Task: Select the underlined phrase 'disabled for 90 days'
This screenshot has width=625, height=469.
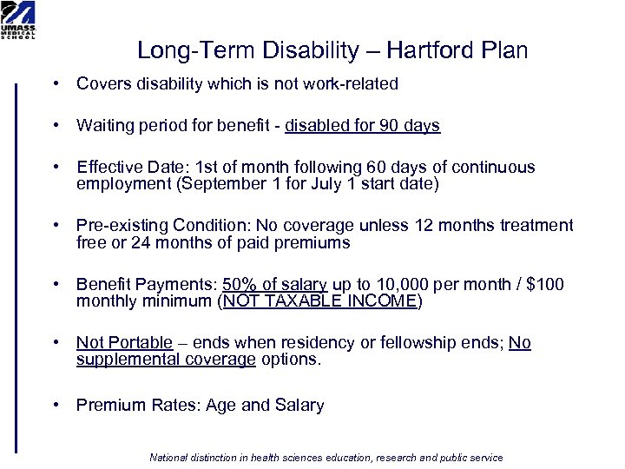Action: click(362, 126)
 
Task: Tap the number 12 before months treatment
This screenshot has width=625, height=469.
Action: click(424, 226)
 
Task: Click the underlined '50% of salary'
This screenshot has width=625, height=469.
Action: click(274, 285)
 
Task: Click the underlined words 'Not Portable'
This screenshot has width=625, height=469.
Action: click(124, 343)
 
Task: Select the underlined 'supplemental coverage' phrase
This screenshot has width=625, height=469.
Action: click(166, 360)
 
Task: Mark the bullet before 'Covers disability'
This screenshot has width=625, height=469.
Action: click(55, 84)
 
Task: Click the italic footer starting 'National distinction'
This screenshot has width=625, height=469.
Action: click(326, 458)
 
